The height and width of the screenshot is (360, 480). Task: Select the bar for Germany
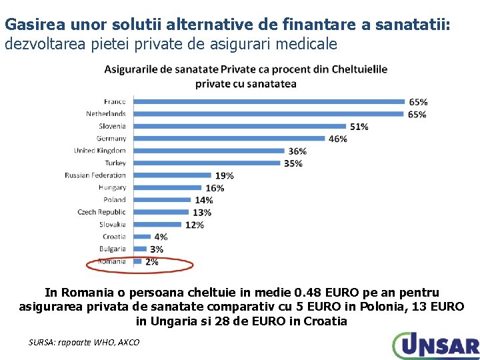pyautogui.click(x=229, y=139)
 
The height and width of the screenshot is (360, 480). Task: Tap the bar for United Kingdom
pyautogui.click(x=209, y=151)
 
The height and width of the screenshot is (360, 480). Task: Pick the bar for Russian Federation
pyautogui.click(x=173, y=175)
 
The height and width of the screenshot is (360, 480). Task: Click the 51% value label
pyautogui.click(x=359, y=127)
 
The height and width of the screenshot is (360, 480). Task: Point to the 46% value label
pyautogui.click(x=338, y=139)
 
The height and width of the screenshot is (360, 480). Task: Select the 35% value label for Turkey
pyautogui.click(x=293, y=163)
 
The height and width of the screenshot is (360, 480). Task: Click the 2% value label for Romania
pyautogui.click(x=151, y=262)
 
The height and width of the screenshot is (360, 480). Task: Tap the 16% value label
pyautogui.click(x=215, y=188)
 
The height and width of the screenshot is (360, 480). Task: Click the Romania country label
pyautogui.click(x=111, y=261)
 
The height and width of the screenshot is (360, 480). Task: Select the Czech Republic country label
pyautogui.click(x=101, y=212)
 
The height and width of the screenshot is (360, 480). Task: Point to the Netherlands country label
pyautogui.click(x=105, y=114)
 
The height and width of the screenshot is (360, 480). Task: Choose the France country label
pyautogui.click(x=114, y=101)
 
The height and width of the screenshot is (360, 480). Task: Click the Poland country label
pyautogui.click(x=114, y=200)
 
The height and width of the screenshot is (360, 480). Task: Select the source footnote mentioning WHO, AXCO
pyautogui.click(x=84, y=342)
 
